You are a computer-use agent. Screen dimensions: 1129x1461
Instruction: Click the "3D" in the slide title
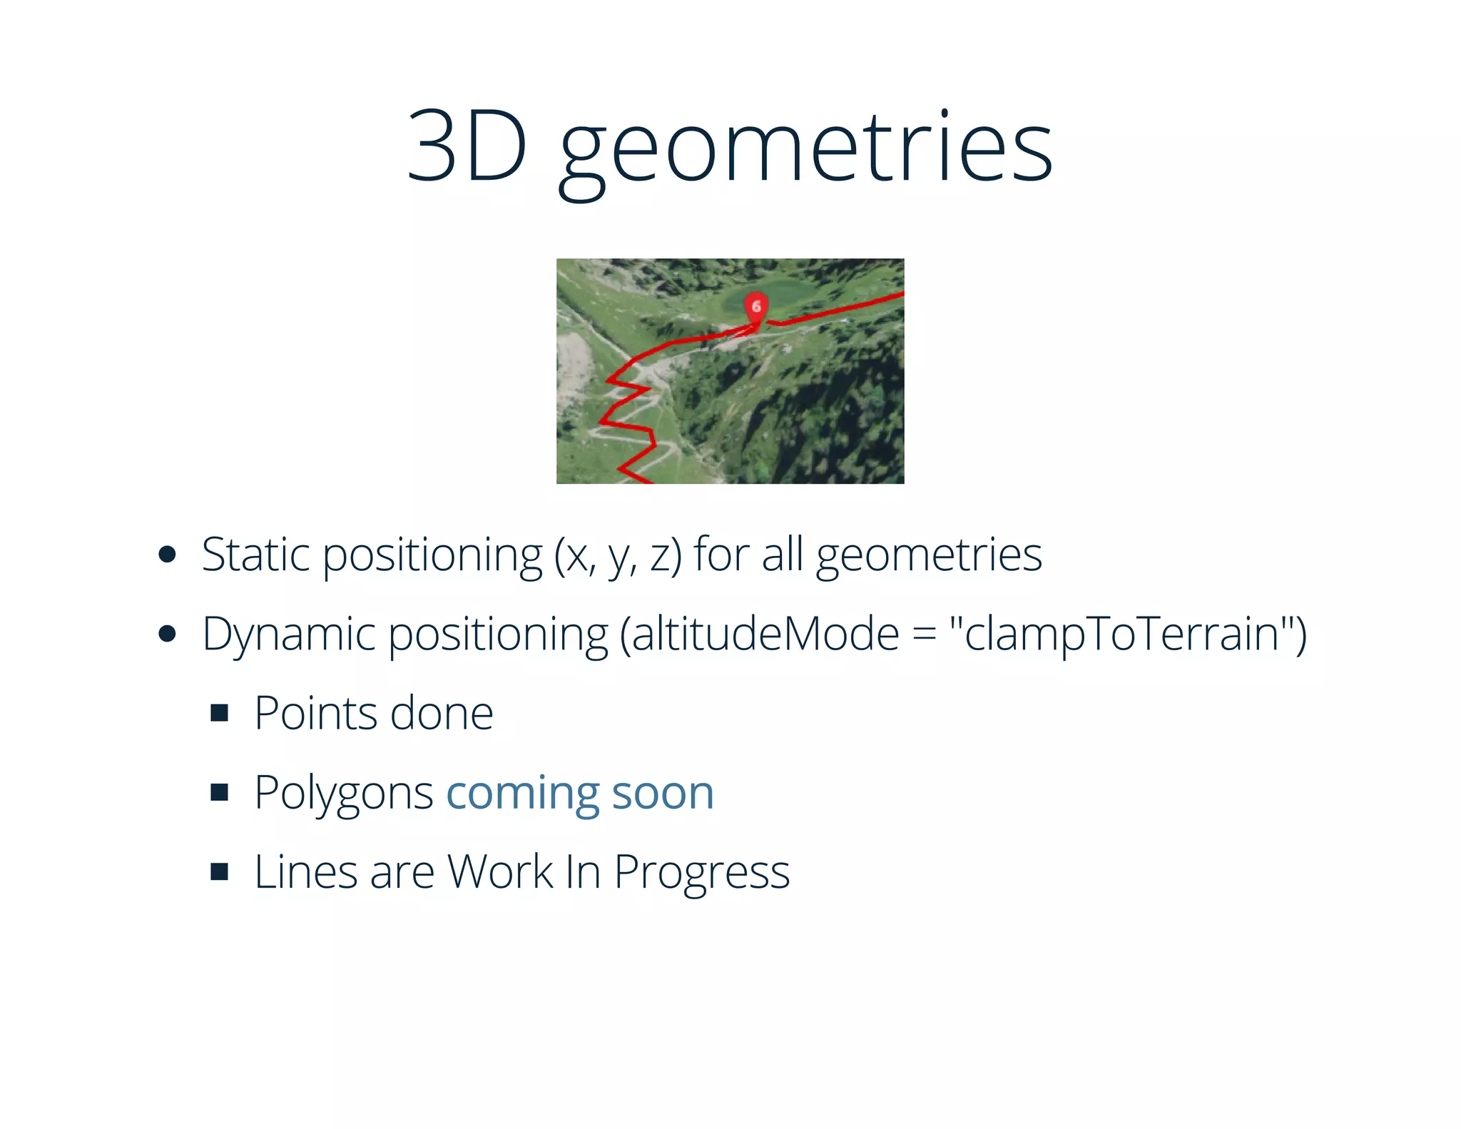(467, 147)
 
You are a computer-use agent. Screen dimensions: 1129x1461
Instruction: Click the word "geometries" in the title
(806, 150)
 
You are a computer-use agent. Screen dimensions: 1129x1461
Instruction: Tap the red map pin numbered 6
(756, 307)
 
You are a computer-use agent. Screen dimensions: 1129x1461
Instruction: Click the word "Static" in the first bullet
(255, 555)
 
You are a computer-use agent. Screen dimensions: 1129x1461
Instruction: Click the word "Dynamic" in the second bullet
(288, 634)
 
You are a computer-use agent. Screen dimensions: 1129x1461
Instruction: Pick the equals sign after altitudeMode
(925, 634)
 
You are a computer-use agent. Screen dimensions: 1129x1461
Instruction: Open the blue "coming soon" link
(580, 793)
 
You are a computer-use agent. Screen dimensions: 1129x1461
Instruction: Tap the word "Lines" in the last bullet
(305, 872)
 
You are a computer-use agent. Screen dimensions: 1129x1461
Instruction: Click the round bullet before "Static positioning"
(168, 555)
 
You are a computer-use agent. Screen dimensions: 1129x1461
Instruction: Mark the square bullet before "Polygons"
(220, 792)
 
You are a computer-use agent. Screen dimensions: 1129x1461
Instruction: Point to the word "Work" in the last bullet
(500, 872)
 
